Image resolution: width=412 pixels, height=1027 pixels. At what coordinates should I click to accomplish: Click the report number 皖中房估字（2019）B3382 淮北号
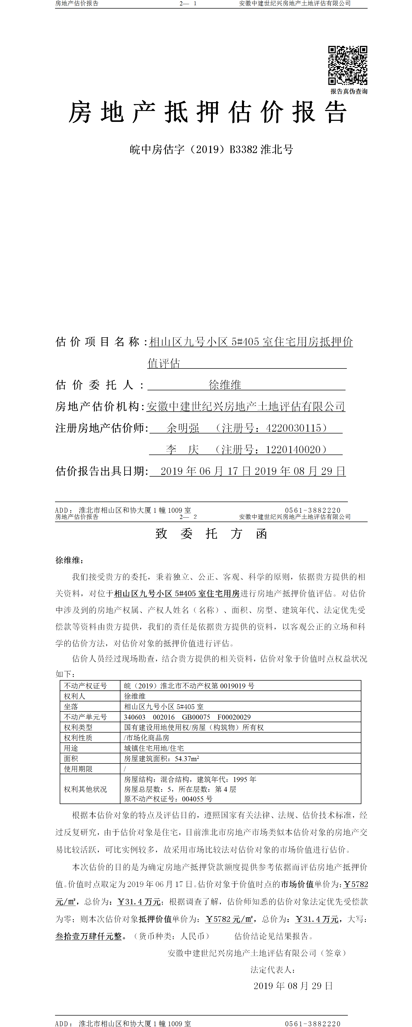211,149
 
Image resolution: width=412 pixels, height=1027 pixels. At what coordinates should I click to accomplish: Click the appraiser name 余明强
183,428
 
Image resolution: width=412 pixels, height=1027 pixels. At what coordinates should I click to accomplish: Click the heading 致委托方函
211,534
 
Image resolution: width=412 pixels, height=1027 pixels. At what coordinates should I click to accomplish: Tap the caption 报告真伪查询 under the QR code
349,91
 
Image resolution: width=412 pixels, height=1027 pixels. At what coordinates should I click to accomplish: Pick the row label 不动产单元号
86,717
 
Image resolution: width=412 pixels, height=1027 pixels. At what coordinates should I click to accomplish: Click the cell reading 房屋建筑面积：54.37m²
161,758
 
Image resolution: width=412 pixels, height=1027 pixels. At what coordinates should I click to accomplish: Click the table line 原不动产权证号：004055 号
168,799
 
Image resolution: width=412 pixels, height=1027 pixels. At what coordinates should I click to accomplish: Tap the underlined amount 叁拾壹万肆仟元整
89,936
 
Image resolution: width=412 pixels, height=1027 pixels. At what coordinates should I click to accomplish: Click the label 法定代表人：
273,970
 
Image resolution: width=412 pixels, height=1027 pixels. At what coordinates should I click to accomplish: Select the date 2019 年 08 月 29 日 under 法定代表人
293,986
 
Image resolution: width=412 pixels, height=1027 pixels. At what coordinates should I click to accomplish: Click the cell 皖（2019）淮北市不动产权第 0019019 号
189,686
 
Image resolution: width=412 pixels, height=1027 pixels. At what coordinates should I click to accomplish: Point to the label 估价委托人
100,385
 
